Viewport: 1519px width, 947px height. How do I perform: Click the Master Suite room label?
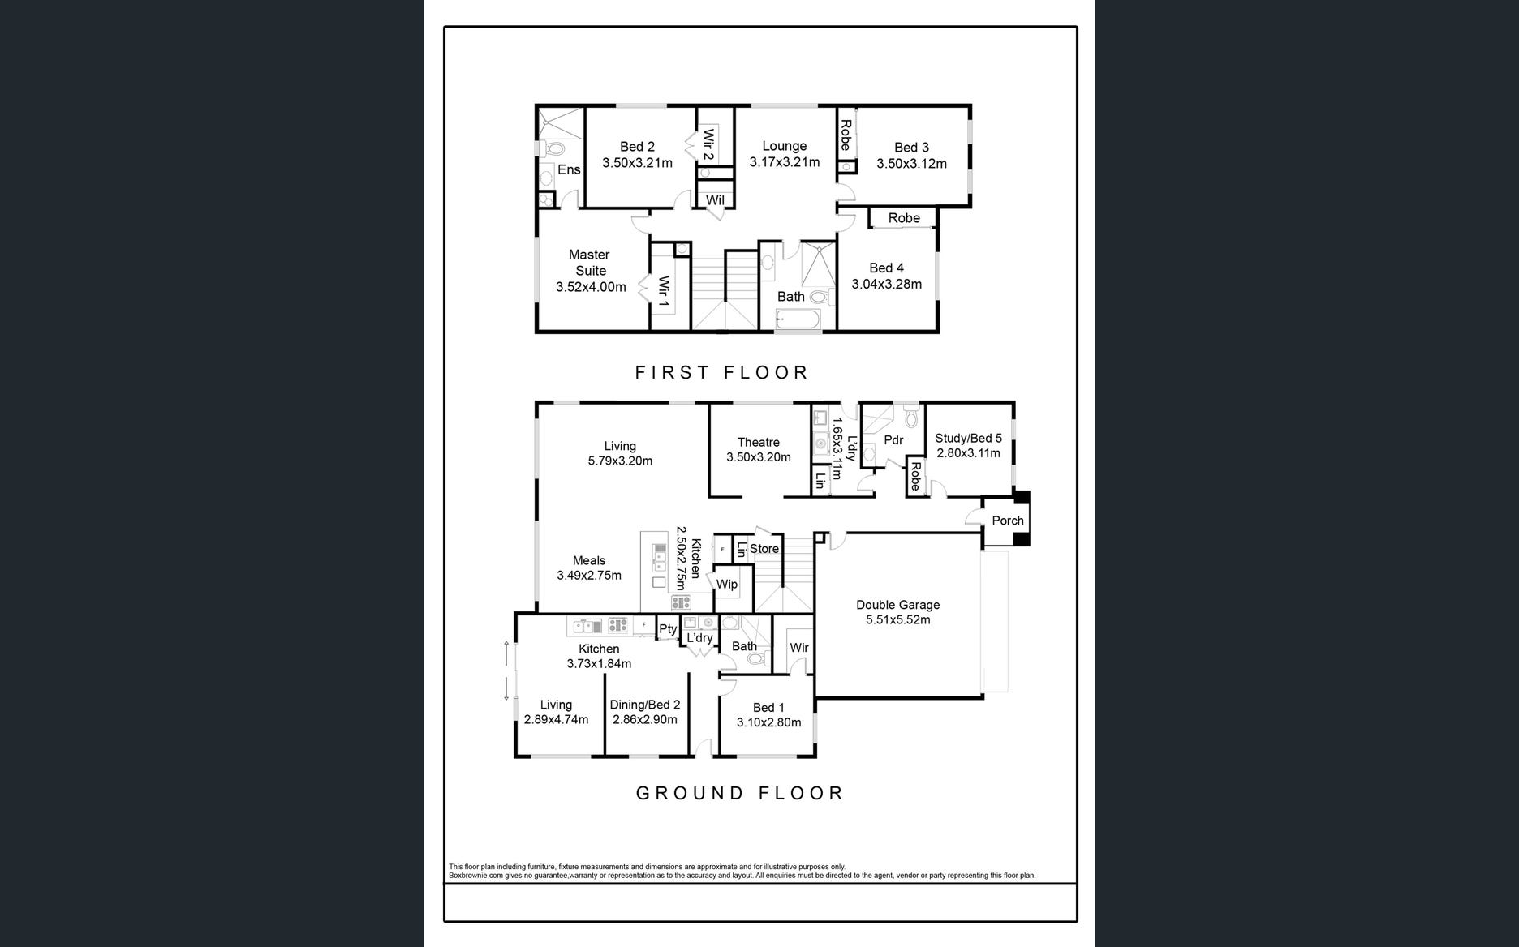coord(589,263)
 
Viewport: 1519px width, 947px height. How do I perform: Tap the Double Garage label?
coord(897,605)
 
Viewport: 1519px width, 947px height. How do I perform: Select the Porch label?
coord(1008,521)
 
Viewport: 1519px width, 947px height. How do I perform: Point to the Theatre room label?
coord(759,442)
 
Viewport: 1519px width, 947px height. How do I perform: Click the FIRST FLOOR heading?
coord(721,372)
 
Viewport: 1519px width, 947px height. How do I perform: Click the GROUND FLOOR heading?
coord(739,793)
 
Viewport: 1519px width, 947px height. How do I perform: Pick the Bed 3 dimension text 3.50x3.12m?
coord(911,164)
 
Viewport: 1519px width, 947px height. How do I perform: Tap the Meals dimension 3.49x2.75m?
coord(589,576)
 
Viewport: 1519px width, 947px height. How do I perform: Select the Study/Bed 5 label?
coord(968,438)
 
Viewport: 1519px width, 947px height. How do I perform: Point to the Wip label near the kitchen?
coord(727,584)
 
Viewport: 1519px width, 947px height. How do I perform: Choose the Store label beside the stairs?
coord(764,549)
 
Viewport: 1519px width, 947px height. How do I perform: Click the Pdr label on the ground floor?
coord(893,440)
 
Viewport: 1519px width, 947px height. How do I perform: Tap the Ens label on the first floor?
coord(569,169)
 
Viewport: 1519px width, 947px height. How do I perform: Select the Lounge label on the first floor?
coord(784,146)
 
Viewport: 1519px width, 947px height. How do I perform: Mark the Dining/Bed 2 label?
coord(645,705)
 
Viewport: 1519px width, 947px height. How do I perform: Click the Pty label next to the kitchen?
coord(668,629)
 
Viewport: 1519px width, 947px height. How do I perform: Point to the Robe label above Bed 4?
coord(904,218)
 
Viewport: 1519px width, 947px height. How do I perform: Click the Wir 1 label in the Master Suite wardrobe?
coord(664,292)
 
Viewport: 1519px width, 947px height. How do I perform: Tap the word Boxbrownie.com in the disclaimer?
coord(476,876)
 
